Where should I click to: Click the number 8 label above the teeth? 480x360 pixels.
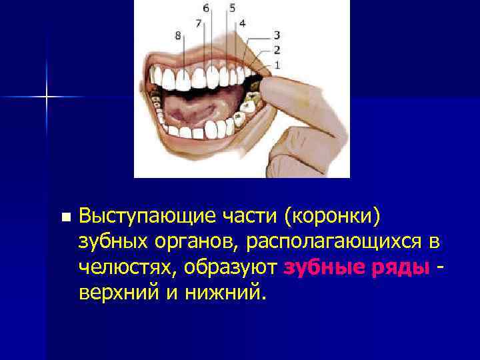(178, 36)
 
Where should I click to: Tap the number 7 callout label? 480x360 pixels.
(198, 23)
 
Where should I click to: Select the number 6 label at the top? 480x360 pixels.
(205, 9)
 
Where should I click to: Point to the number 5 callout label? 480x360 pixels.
(232, 9)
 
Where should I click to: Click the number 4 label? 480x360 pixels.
(242, 23)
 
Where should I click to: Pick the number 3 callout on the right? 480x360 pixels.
(276, 35)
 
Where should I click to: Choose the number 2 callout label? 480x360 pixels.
(276, 49)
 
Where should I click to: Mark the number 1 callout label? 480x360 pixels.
(276, 64)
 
